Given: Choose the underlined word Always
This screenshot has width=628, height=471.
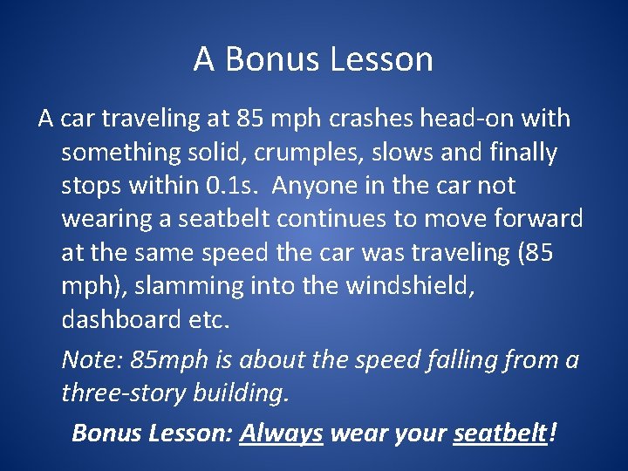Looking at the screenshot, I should pos(281,433).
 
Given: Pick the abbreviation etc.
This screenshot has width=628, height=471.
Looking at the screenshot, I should pos(208,318).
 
